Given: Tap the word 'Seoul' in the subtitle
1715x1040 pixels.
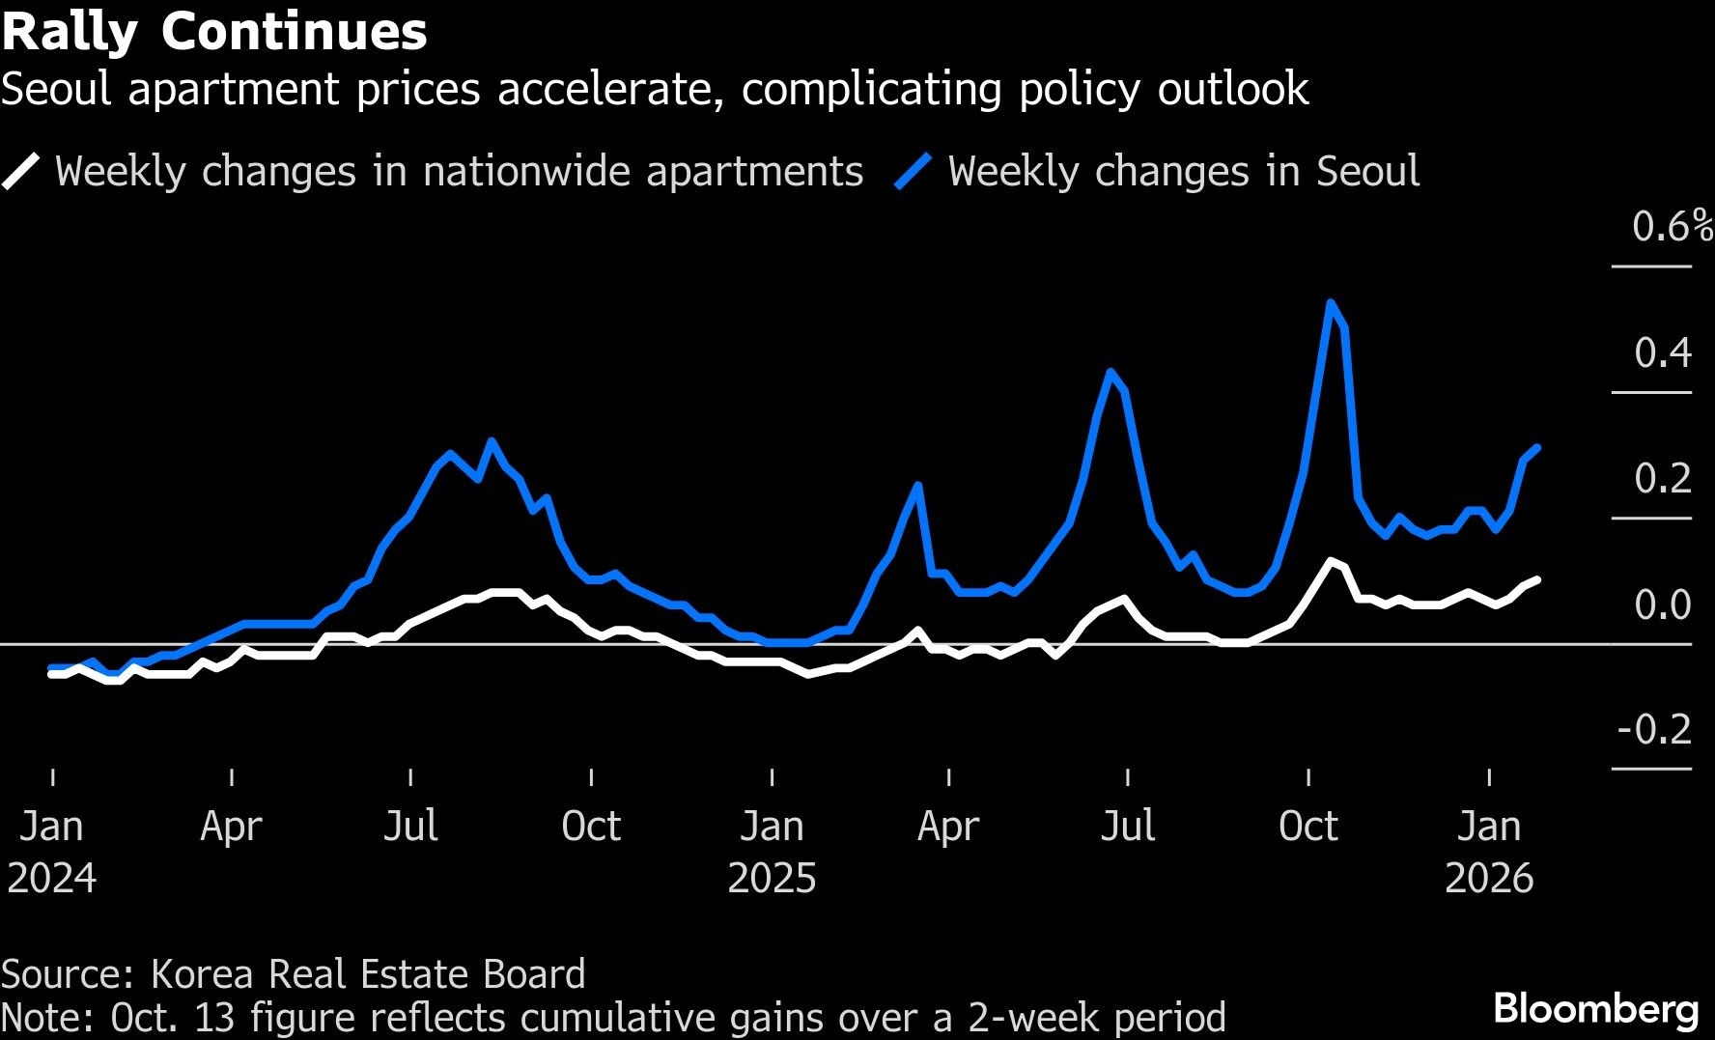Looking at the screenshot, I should (x=56, y=89).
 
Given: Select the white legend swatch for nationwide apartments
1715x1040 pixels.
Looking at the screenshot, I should (x=21, y=172).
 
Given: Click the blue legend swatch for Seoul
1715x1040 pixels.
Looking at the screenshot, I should (x=913, y=172).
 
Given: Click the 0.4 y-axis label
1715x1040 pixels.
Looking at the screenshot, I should (x=1662, y=353).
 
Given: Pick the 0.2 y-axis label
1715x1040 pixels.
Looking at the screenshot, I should (x=1662, y=479).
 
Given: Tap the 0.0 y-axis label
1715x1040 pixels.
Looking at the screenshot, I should (x=1662, y=605).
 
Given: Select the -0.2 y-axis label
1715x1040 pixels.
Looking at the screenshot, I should (x=1654, y=730).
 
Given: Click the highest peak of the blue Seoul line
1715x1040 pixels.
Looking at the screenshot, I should (x=1332, y=302).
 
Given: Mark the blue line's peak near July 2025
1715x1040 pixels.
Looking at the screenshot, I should (x=1111, y=372).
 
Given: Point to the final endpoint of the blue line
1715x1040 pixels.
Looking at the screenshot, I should (x=1537, y=447).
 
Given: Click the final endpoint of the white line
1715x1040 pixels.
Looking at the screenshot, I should (x=1537, y=579).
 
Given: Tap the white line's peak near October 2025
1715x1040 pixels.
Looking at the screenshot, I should (x=1332, y=561).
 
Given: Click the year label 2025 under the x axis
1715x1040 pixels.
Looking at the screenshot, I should (x=772, y=879).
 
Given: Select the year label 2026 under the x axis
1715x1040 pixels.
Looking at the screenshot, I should (x=1489, y=879).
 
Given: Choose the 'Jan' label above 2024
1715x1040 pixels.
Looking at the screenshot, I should (x=51, y=827).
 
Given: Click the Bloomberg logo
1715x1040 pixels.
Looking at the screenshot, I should (x=1595, y=1009).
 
